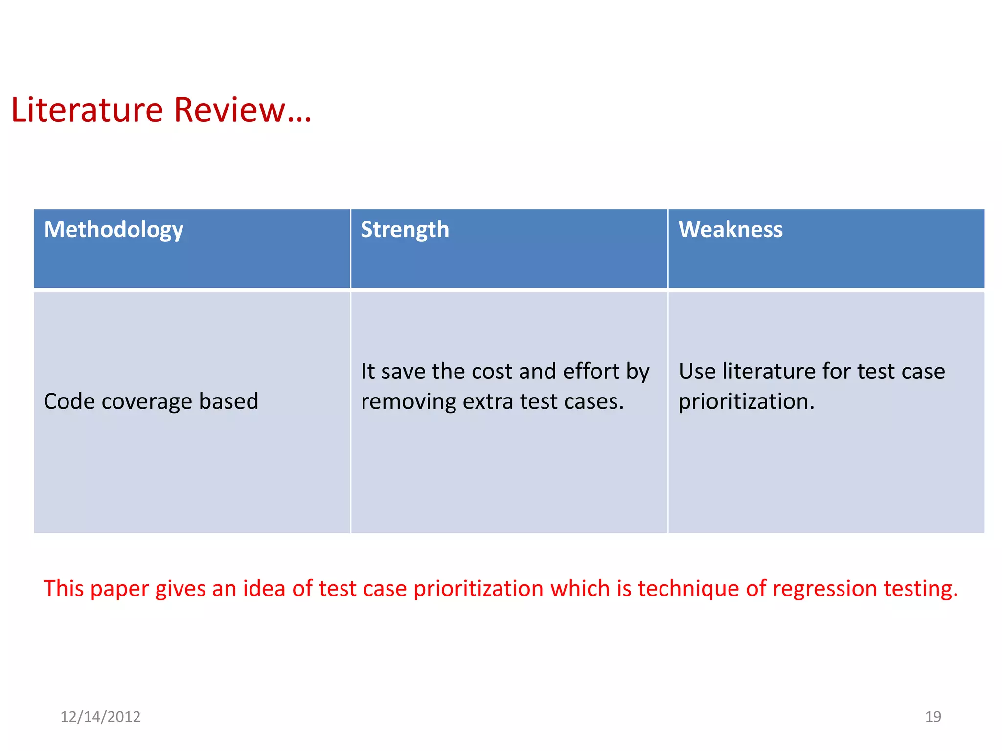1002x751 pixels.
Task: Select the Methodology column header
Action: pos(114,230)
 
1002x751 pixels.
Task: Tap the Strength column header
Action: pos(405,230)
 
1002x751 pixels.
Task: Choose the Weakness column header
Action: pos(730,230)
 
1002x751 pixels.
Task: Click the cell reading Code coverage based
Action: pos(151,401)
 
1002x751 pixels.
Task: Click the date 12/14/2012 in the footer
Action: pos(100,717)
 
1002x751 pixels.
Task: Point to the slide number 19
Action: pos(933,717)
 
